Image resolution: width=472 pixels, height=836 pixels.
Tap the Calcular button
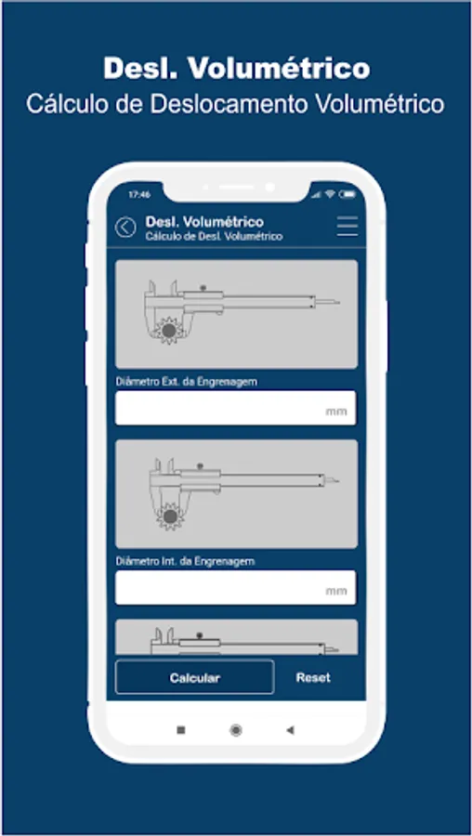click(x=195, y=678)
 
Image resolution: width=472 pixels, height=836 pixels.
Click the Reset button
click(x=313, y=678)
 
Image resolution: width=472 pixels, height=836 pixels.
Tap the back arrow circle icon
click(x=125, y=228)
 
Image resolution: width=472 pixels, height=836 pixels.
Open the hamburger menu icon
click(x=347, y=227)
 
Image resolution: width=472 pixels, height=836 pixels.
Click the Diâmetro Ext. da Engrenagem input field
click(x=236, y=408)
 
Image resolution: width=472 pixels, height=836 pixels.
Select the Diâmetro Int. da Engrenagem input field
click(x=236, y=588)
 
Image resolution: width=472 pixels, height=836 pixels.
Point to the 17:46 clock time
click(x=139, y=195)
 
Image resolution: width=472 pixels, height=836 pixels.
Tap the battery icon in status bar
click(x=347, y=194)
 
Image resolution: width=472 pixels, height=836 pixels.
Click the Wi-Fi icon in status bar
click(x=330, y=194)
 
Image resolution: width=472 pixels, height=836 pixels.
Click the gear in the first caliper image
click(x=169, y=331)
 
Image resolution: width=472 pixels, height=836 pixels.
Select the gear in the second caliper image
click(x=170, y=516)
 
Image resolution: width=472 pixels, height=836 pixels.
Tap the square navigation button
click(x=181, y=730)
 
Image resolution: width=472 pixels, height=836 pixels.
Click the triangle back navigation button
click(x=290, y=730)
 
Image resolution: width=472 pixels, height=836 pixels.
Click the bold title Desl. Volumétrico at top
click(x=236, y=69)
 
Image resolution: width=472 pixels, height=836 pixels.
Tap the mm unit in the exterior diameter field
click(x=336, y=411)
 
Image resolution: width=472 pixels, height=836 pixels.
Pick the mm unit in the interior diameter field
click(x=336, y=591)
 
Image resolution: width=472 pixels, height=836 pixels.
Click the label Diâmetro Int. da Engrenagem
click(x=185, y=561)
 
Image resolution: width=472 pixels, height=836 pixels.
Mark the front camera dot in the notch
click(x=269, y=187)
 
